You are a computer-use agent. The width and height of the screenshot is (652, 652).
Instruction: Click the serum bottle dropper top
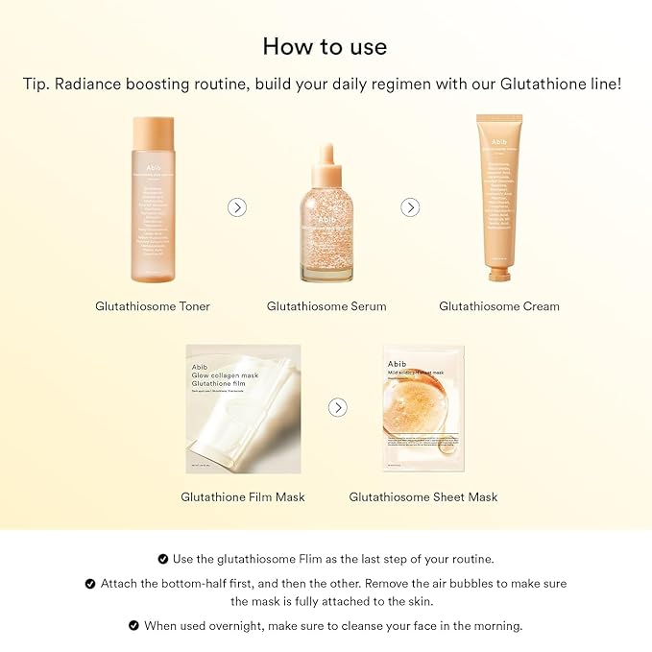click(x=326, y=154)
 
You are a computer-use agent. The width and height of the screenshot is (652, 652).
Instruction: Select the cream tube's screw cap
click(x=497, y=275)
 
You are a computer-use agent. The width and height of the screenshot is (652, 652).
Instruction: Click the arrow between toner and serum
click(x=237, y=207)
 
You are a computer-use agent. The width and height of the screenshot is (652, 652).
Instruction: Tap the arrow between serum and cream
click(x=410, y=207)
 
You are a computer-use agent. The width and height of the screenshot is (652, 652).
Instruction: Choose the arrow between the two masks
click(x=337, y=407)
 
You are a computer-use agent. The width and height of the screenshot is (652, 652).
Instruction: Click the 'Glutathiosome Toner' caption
click(x=153, y=306)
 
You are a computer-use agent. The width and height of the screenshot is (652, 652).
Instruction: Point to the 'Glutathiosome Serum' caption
click(x=326, y=306)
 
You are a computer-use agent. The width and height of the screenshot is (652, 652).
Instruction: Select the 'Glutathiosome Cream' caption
click(x=499, y=306)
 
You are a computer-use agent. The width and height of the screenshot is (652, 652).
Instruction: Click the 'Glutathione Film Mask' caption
click(x=243, y=496)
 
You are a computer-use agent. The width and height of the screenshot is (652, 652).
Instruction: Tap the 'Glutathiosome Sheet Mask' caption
click(x=423, y=496)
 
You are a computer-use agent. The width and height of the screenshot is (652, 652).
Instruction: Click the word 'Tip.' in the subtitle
click(x=36, y=84)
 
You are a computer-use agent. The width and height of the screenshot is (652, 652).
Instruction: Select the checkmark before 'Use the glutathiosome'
click(x=162, y=559)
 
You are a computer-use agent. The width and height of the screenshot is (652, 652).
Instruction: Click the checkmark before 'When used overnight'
click(x=133, y=625)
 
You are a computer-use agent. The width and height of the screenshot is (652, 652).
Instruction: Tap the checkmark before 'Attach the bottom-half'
click(x=90, y=583)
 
